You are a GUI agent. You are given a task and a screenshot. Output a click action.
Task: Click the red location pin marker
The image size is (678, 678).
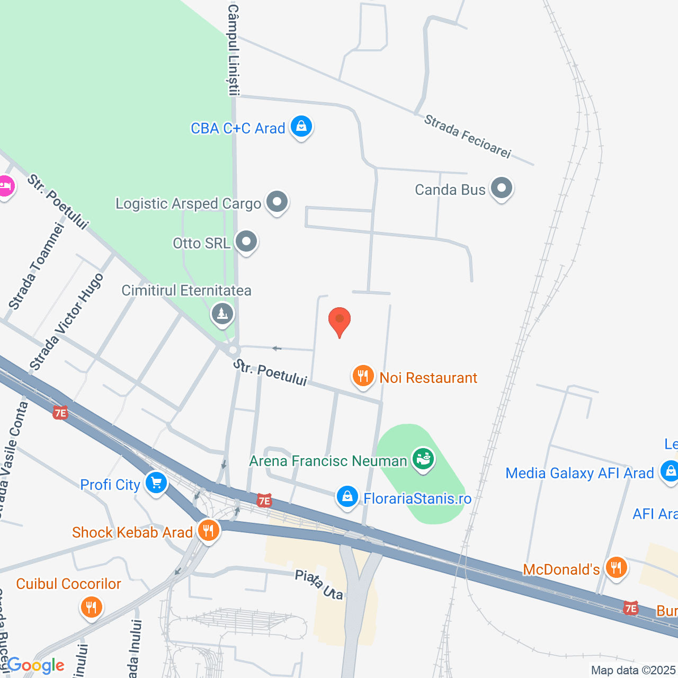(340, 321)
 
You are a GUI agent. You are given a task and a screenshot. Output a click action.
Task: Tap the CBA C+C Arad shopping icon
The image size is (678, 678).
(301, 127)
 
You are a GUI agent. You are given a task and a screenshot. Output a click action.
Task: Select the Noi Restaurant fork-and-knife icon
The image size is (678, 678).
(363, 376)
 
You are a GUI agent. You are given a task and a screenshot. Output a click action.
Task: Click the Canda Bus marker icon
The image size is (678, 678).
(501, 188)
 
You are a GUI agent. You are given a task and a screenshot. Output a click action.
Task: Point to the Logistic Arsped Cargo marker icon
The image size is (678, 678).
(276, 202)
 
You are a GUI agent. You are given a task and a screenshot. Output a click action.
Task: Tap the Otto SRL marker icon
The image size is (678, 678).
(246, 242)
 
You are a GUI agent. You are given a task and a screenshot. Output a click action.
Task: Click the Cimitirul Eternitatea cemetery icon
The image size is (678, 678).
(222, 314)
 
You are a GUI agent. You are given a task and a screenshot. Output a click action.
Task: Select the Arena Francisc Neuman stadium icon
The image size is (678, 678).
(423, 459)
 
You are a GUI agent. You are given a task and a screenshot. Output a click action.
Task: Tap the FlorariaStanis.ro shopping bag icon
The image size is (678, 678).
(347, 497)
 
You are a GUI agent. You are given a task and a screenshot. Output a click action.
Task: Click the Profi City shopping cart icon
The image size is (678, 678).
(156, 483)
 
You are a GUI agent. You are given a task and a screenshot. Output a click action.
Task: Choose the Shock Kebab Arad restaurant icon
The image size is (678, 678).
(209, 530)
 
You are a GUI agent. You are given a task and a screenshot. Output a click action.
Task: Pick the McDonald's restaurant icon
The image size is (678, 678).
(615, 568)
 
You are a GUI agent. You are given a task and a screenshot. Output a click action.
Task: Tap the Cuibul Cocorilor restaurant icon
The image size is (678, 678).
(92, 607)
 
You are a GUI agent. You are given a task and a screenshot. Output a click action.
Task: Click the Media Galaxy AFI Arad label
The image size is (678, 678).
(579, 473)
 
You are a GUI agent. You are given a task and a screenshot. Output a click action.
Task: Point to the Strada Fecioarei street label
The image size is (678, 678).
(468, 137)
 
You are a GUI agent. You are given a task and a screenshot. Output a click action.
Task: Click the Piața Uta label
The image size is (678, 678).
(319, 585)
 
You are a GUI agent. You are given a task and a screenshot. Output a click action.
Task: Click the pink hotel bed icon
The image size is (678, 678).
(5, 186)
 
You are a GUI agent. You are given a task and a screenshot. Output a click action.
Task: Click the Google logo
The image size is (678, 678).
(35, 665)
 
